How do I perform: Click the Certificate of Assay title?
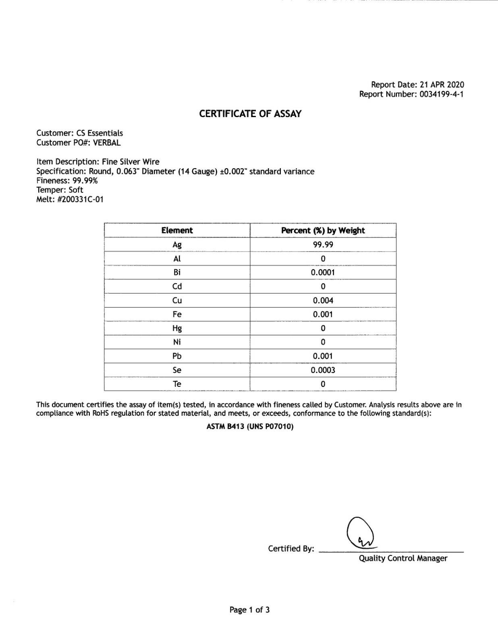click(x=250, y=114)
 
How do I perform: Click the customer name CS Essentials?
click(x=100, y=133)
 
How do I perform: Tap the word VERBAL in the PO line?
click(x=107, y=142)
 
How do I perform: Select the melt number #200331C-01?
click(x=81, y=199)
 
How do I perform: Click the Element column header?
click(x=177, y=230)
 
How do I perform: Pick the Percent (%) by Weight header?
click(x=323, y=230)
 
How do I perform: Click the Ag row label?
click(x=177, y=245)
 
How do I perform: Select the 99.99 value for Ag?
click(x=323, y=245)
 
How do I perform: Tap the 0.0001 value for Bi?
click(x=323, y=272)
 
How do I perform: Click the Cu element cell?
click(x=177, y=300)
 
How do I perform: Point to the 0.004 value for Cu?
click(x=323, y=300)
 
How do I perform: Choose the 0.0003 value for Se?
click(x=323, y=370)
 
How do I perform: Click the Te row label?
click(x=177, y=384)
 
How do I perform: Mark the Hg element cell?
click(x=177, y=328)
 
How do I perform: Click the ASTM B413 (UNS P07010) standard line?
click(x=250, y=426)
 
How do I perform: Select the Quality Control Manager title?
click(x=403, y=558)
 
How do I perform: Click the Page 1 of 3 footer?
click(x=249, y=610)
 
